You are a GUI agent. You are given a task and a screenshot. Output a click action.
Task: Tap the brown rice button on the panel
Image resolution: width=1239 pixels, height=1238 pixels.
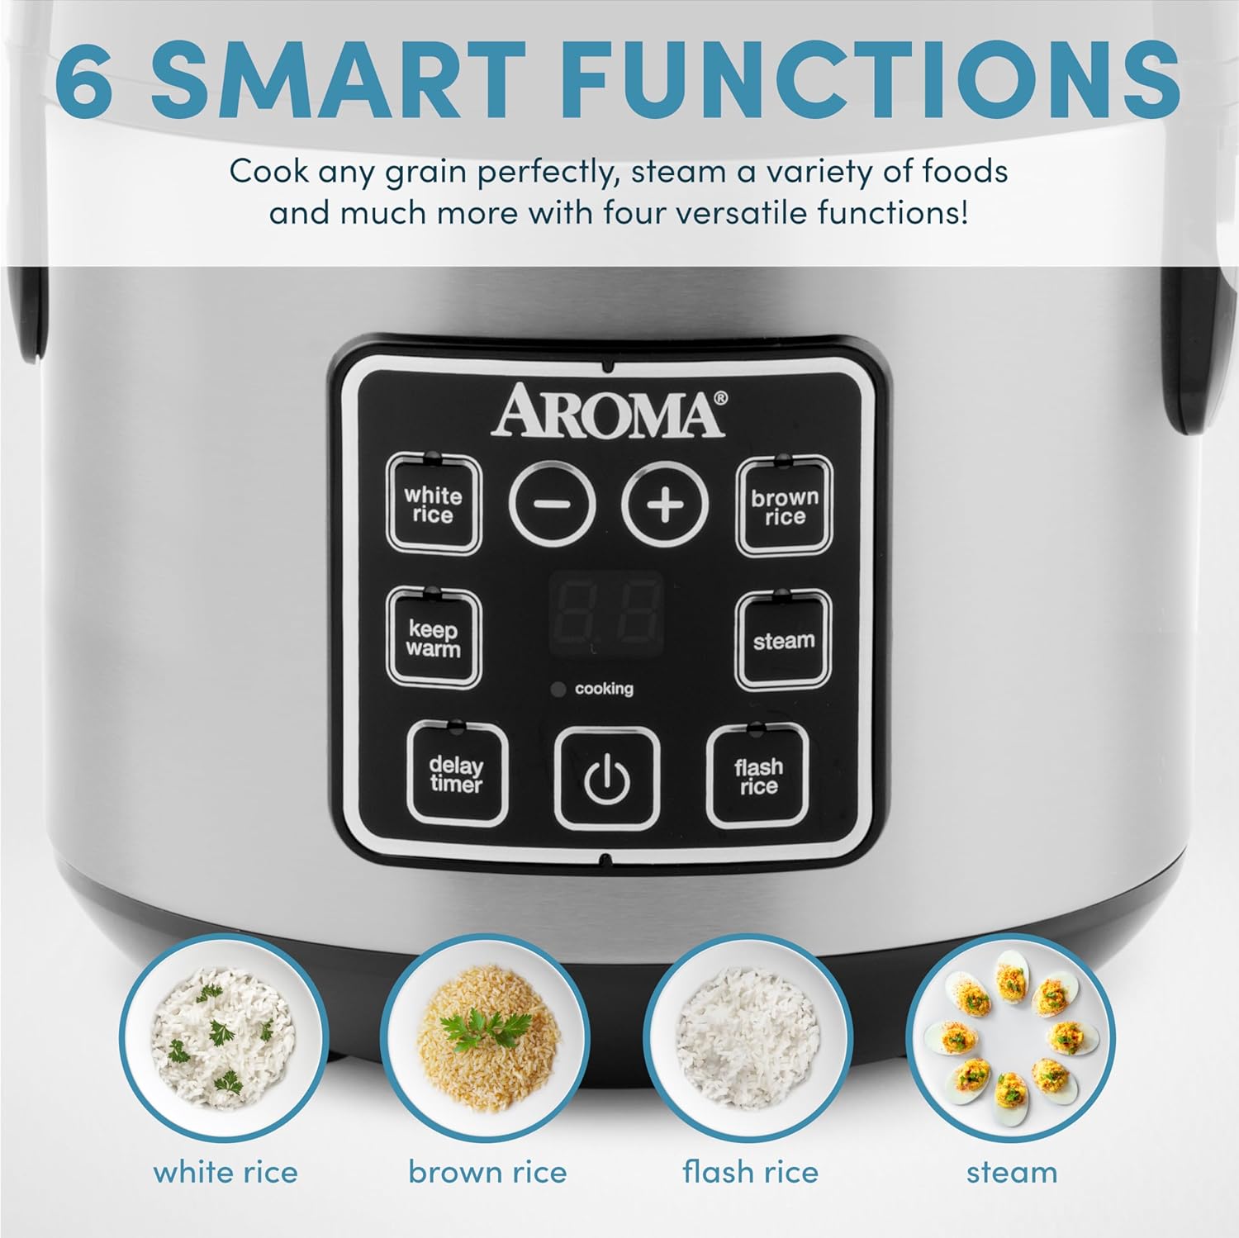pyautogui.click(x=784, y=507)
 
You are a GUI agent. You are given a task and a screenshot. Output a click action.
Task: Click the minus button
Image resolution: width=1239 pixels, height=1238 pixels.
pyautogui.click(x=552, y=504)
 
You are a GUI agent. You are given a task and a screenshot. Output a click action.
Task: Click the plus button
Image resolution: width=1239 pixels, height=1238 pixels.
pyautogui.click(x=665, y=504)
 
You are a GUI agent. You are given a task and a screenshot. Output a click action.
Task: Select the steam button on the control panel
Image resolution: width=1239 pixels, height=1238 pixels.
pyautogui.click(x=783, y=641)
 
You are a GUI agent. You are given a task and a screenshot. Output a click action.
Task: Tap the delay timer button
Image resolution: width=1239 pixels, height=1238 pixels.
pyautogui.click(x=456, y=775)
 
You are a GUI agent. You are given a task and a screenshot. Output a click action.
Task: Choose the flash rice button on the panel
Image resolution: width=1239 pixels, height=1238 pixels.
pyautogui.click(x=757, y=776)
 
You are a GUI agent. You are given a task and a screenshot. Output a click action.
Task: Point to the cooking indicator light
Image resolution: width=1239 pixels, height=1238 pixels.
pyautogui.click(x=558, y=689)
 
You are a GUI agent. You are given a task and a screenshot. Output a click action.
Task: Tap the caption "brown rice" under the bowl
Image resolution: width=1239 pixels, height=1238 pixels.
pyautogui.click(x=487, y=1172)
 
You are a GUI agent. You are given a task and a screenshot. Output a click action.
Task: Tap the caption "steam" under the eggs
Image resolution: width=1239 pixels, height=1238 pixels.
pyautogui.click(x=1011, y=1172)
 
